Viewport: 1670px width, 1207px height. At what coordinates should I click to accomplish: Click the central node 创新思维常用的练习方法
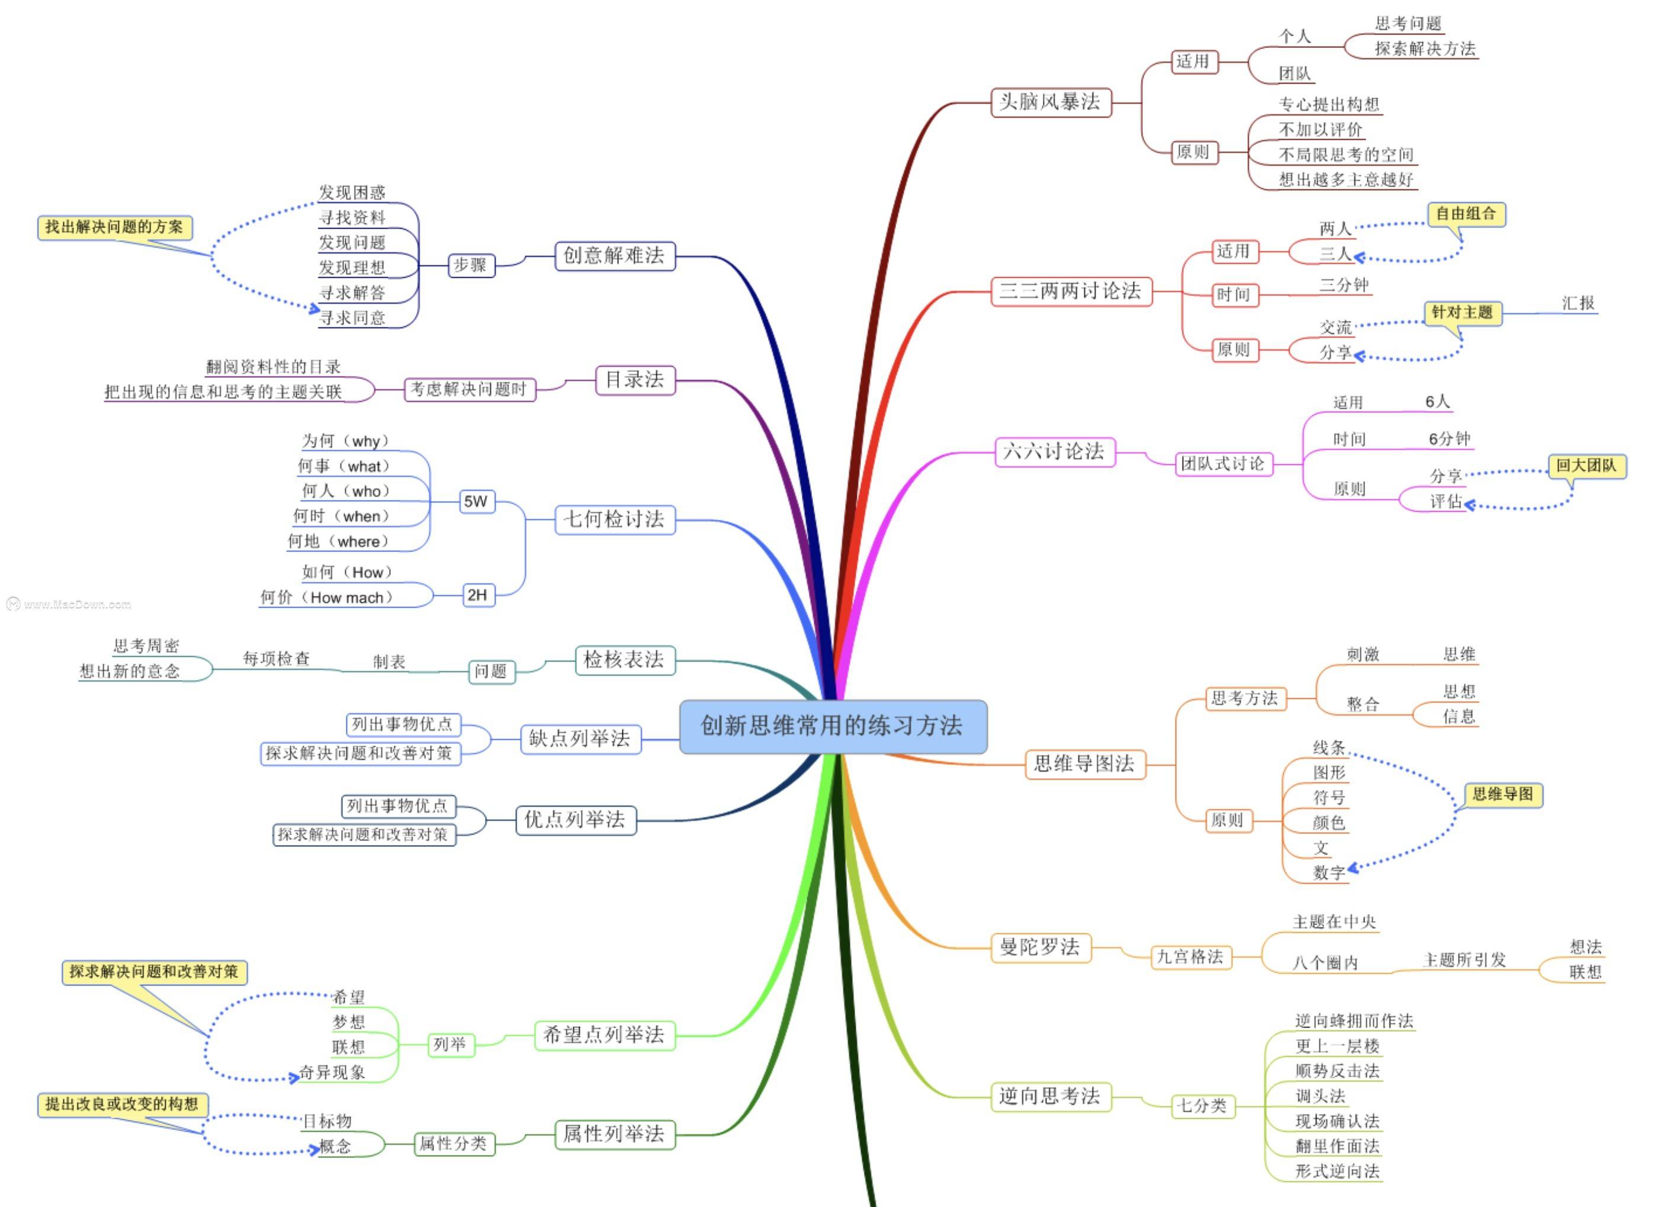point(832,726)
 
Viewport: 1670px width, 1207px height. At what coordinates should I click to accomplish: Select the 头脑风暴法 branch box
point(1050,102)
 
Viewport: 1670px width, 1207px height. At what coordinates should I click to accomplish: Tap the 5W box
point(476,502)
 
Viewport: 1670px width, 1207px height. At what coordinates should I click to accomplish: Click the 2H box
point(477,595)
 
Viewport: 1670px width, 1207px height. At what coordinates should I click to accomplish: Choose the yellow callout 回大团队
point(1586,466)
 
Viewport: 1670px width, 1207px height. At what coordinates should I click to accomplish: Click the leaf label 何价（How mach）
point(327,597)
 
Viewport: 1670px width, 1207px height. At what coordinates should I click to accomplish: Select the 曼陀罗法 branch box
point(1040,947)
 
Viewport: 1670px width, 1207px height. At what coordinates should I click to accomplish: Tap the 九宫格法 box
point(1190,956)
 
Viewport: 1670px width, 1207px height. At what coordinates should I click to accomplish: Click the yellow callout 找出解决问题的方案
point(115,227)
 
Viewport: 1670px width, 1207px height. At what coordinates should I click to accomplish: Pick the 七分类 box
point(1202,1105)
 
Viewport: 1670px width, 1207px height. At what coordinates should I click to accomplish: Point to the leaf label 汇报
point(1578,303)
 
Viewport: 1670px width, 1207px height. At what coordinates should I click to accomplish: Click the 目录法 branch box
point(634,380)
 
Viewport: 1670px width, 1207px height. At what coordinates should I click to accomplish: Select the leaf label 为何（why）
point(345,441)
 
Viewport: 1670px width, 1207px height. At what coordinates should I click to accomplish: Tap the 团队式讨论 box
point(1223,464)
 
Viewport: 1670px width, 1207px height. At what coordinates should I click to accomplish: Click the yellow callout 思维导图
point(1502,795)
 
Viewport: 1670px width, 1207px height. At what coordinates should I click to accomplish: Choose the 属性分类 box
point(453,1143)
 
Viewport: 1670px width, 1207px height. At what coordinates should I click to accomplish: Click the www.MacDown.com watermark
point(70,605)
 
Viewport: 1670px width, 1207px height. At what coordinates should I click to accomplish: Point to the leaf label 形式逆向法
point(1337,1171)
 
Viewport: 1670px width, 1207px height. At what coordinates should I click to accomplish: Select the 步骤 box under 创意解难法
point(471,265)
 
